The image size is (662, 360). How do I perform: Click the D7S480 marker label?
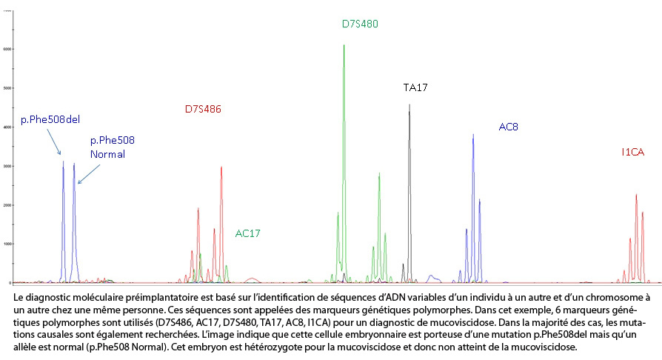coord(360,24)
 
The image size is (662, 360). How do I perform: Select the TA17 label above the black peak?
coord(415,87)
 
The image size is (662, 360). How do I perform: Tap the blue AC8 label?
coord(508,127)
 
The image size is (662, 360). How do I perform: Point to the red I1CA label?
coord(633,152)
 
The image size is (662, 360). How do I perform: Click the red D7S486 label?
coord(203,110)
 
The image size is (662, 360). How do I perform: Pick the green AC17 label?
coord(248,233)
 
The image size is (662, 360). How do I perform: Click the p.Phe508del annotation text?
coord(50,120)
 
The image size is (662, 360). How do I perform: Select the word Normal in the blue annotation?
coord(107,154)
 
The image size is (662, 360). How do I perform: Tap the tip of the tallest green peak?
coord(344,46)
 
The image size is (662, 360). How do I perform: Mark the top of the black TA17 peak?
coord(409,105)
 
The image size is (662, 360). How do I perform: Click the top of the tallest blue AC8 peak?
coord(473,135)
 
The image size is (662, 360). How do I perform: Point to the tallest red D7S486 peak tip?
coord(221,167)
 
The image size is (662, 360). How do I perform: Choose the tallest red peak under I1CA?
coord(636,195)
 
